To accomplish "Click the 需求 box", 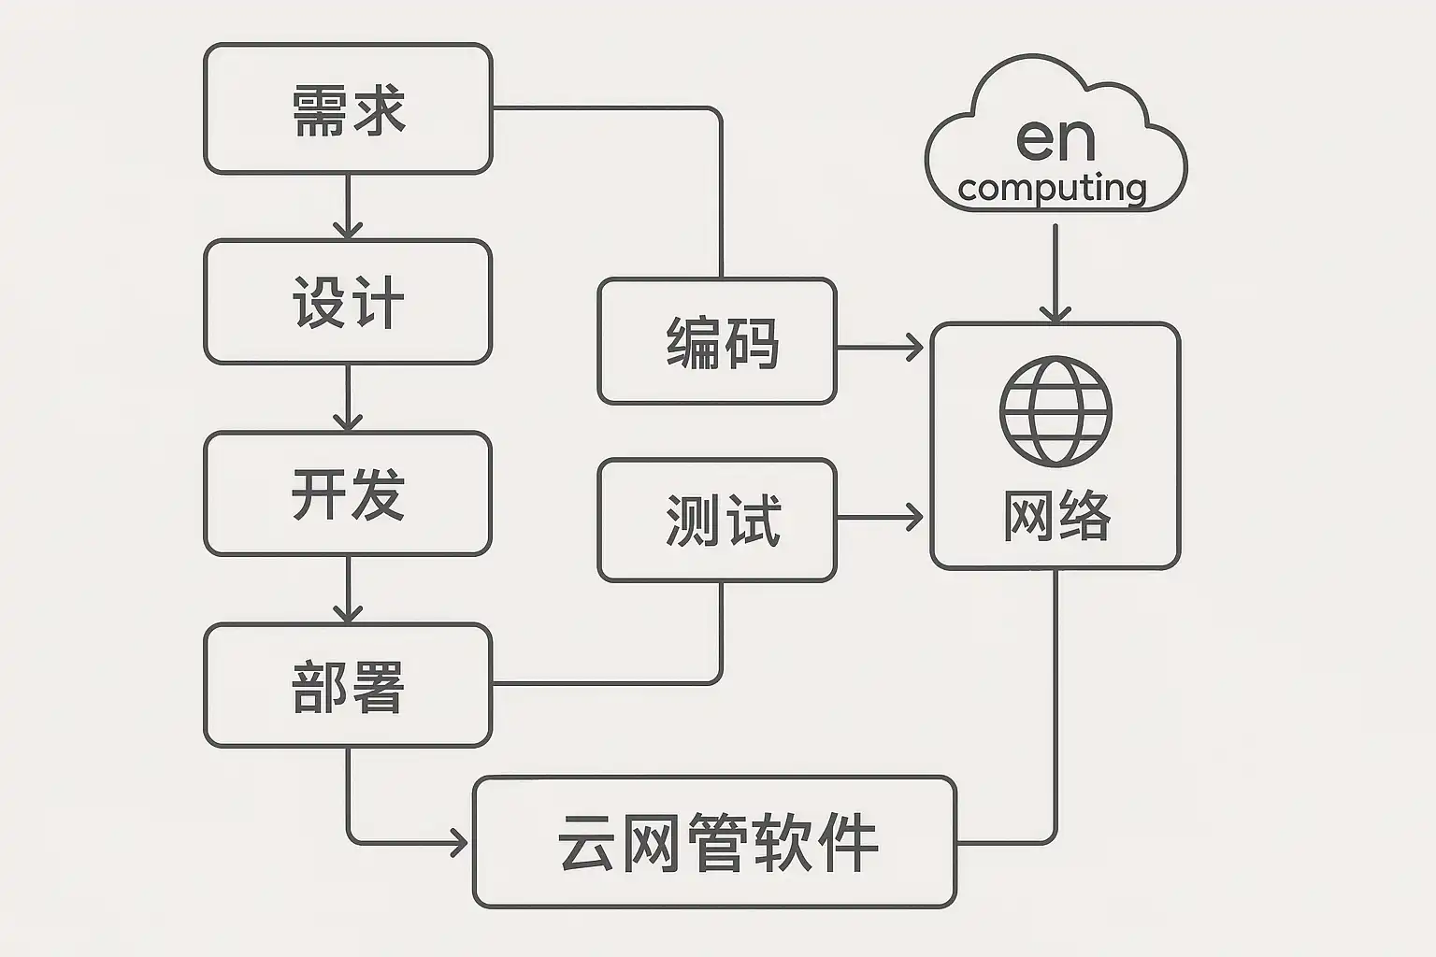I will [348, 108].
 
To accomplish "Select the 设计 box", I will [348, 302].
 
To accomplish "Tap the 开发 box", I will [348, 493].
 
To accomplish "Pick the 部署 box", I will [348, 685].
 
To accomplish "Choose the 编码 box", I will [717, 341].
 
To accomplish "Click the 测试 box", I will [717, 520].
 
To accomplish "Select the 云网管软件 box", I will [715, 842].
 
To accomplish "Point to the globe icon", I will [1055, 410].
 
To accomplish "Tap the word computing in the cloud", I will [1053, 188].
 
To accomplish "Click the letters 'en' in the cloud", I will [1055, 139].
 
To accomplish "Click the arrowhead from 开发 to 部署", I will [348, 614].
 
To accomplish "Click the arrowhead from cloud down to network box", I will [1055, 312].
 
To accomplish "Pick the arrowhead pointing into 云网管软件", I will [459, 843].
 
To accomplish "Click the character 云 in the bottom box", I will [586, 842].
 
